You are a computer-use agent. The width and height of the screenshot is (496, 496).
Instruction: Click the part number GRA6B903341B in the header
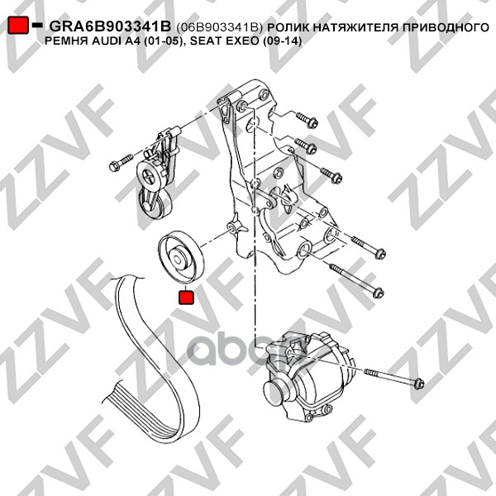(110, 26)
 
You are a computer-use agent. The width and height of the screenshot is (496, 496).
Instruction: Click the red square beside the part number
(18, 25)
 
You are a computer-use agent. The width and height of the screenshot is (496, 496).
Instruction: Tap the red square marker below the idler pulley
(186, 298)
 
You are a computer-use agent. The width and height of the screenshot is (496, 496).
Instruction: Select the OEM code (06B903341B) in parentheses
(220, 27)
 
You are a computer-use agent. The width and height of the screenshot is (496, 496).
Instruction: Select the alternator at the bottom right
(306, 376)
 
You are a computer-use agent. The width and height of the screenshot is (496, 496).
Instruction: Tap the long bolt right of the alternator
(394, 377)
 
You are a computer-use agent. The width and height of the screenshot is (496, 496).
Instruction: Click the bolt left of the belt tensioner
(121, 162)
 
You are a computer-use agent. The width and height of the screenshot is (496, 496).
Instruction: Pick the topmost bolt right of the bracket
(307, 119)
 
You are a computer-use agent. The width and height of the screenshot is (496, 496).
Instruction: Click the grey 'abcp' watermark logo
(247, 348)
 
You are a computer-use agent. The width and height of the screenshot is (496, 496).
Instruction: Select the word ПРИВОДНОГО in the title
(446, 27)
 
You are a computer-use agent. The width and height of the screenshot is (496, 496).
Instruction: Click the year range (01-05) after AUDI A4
(162, 41)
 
